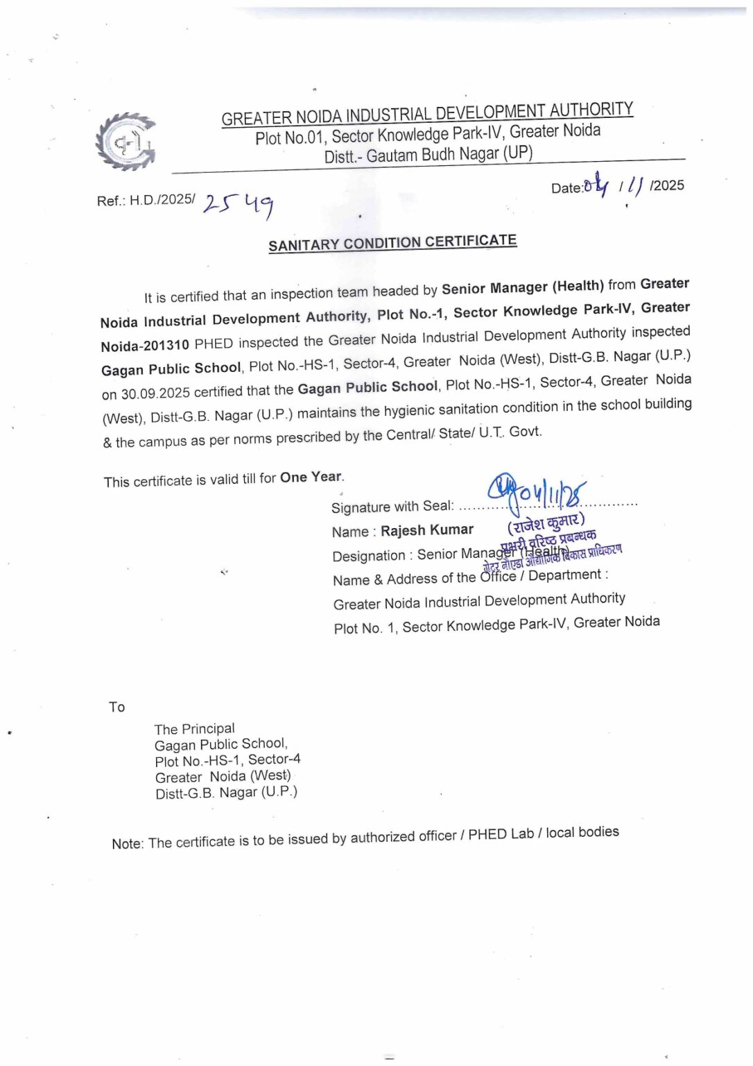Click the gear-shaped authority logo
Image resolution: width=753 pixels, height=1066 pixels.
125,142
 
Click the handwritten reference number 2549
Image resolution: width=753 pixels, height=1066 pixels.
239,204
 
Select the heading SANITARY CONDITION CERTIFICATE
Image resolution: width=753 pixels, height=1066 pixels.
392,243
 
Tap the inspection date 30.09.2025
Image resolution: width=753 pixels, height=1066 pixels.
155,394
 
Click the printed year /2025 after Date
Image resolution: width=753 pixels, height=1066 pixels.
667,185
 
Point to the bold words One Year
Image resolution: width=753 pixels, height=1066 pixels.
311,477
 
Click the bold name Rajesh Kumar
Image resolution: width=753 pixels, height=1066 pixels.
427,530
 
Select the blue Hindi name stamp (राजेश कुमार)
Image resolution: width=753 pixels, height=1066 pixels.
546,522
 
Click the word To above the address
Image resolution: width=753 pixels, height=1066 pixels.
116,707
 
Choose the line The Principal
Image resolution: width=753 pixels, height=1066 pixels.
194,729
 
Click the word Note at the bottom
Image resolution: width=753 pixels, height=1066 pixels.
127,844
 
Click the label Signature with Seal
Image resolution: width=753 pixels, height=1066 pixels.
392,507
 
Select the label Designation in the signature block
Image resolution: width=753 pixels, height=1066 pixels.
368,556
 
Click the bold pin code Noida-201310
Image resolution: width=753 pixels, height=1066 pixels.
144,346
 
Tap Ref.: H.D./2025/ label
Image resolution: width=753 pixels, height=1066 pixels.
146,200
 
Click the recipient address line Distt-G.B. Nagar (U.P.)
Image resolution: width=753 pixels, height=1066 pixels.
226,793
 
